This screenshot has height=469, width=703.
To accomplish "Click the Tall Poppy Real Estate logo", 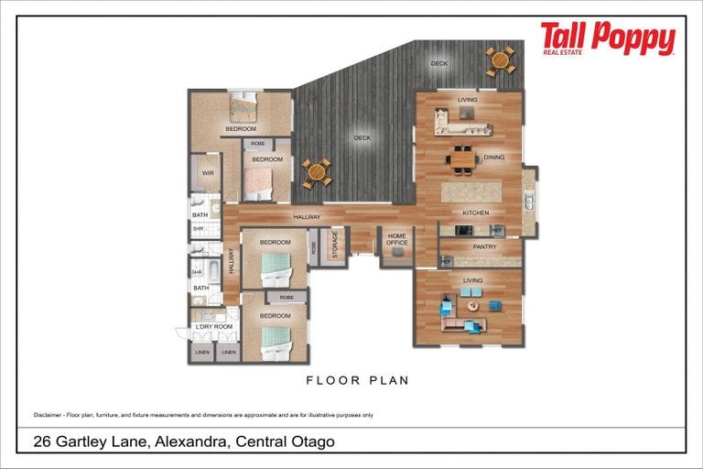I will click(607, 39).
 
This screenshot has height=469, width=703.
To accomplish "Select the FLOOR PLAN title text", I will click(357, 380).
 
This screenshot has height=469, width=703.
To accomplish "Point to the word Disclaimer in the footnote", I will click(48, 415).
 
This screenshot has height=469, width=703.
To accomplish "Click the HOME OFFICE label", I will click(396, 240).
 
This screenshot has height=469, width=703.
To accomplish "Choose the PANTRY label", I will click(484, 246).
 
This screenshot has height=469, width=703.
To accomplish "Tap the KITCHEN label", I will click(476, 213).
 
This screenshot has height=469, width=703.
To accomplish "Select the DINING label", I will click(494, 158).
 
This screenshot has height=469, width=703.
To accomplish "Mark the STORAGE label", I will click(334, 245).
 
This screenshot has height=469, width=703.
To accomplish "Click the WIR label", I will click(208, 171).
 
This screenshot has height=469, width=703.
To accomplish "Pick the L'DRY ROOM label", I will click(214, 326).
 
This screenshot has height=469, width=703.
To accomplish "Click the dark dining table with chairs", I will click(462, 159).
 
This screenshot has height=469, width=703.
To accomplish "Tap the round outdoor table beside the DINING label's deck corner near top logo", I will click(500, 60).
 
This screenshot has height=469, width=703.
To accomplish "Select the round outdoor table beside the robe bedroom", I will click(317, 171).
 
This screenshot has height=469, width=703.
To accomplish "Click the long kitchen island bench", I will click(471, 192).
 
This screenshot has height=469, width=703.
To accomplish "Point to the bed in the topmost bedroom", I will click(243, 108).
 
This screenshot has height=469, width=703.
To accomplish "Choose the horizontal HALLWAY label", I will click(307, 217).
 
